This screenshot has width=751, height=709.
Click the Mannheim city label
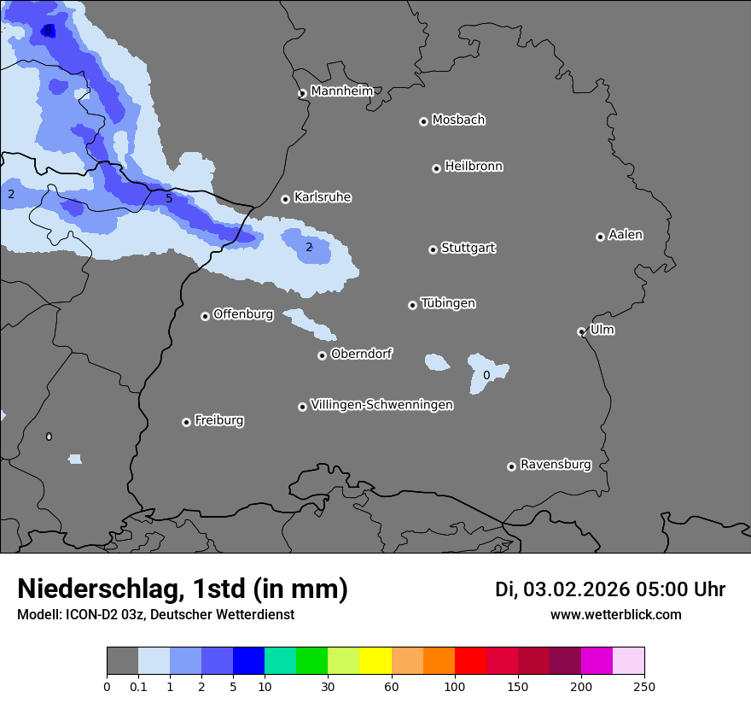(341, 91)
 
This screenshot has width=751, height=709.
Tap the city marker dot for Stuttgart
(433, 249)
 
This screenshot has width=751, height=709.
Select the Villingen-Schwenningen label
(381, 405)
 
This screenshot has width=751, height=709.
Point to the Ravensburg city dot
(511, 466)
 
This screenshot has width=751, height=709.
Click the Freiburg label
(218, 420)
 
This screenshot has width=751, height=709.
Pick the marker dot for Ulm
(581, 331)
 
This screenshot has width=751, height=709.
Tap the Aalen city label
(626, 235)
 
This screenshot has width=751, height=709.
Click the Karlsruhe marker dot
(285, 199)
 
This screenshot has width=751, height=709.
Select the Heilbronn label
(474, 167)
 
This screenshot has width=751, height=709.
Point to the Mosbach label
(458, 120)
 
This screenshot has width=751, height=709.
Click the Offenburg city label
(243, 314)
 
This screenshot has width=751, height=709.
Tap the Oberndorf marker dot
(322, 355)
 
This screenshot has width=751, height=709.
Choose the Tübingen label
(448, 303)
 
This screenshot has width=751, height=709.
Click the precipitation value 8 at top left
(48, 31)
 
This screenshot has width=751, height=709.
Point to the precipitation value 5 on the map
(169, 199)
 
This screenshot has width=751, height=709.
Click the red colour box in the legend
(470, 661)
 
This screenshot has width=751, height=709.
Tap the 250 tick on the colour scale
(644, 686)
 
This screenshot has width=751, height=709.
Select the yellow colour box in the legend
(375, 661)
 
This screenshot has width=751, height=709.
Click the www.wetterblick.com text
(615, 615)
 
